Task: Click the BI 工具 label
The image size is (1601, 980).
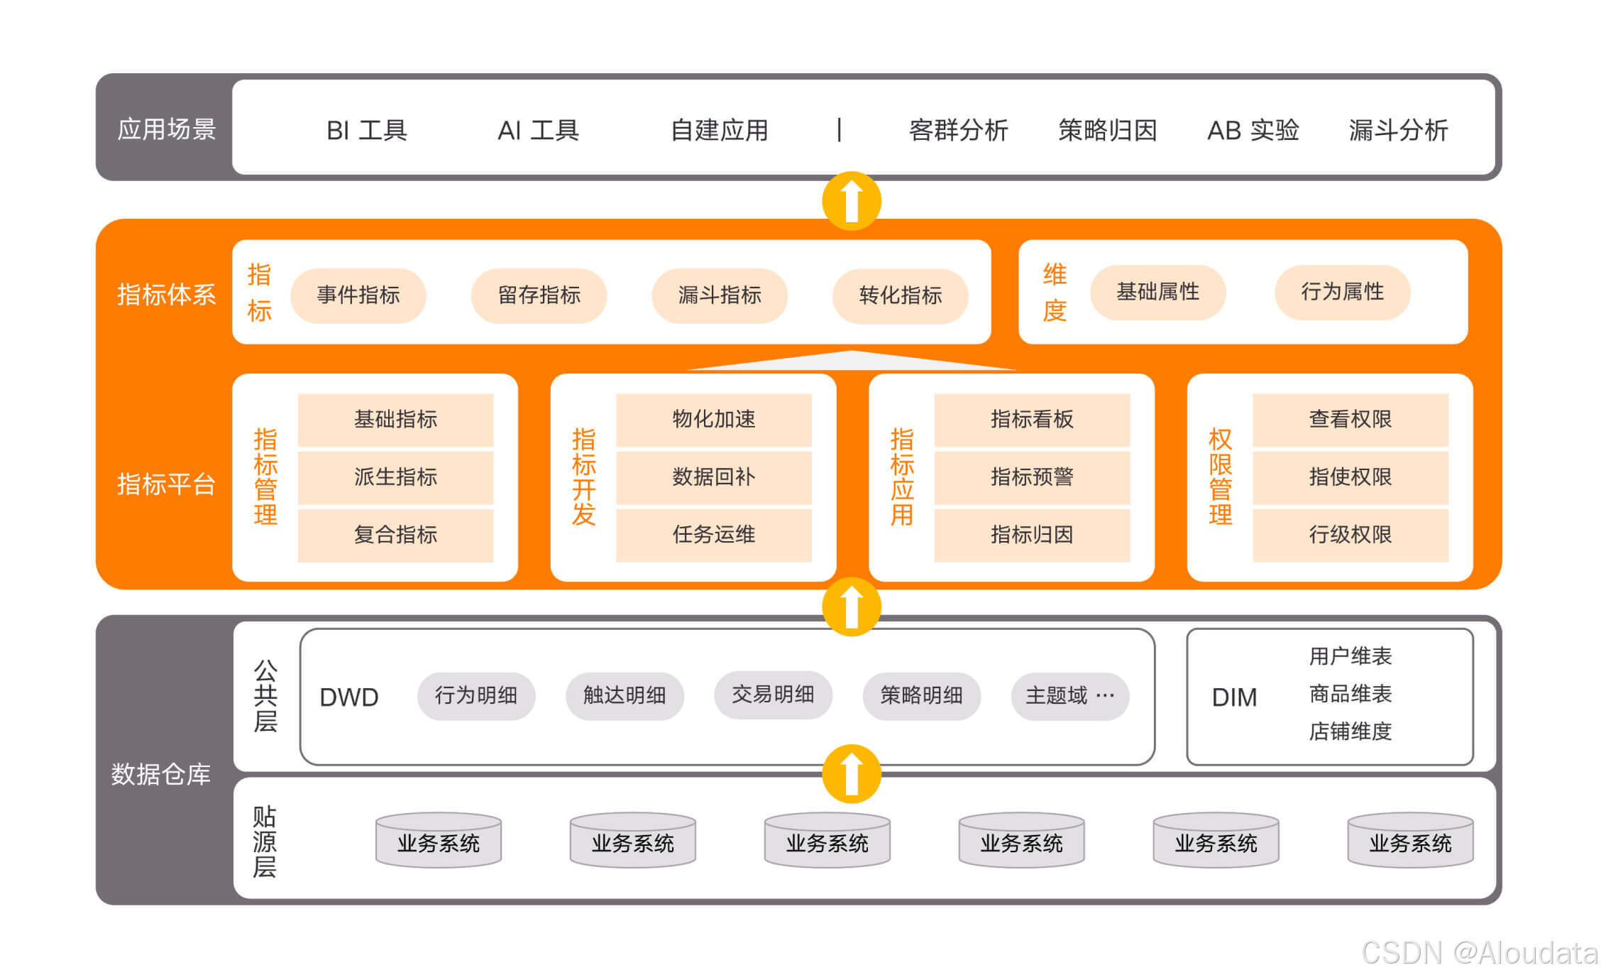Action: (x=366, y=131)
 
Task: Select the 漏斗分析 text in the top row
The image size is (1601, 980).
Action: (x=1397, y=131)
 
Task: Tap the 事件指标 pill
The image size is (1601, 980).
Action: (x=358, y=295)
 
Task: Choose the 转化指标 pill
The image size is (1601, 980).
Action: (x=900, y=295)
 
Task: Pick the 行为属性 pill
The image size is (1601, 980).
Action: (x=1342, y=292)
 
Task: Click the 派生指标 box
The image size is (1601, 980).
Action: (x=395, y=477)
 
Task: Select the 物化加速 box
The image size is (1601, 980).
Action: (x=713, y=420)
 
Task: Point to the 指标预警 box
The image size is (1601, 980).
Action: (x=1031, y=477)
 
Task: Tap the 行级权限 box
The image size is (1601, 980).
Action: (x=1350, y=535)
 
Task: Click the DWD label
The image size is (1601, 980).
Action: (x=349, y=697)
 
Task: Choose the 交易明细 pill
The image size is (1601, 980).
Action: (x=773, y=695)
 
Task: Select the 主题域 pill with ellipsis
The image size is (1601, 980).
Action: (x=1069, y=696)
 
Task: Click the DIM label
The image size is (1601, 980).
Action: (x=1234, y=697)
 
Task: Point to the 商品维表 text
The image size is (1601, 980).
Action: (x=1350, y=694)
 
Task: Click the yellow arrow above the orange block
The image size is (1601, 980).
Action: (x=852, y=201)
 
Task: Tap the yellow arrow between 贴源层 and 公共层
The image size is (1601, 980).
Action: (x=852, y=773)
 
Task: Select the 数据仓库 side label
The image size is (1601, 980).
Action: (x=161, y=774)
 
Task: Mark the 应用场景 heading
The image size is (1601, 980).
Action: (x=166, y=129)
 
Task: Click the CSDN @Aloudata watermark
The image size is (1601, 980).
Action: (x=1479, y=953)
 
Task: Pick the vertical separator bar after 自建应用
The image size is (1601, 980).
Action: (x=840, y=130)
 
